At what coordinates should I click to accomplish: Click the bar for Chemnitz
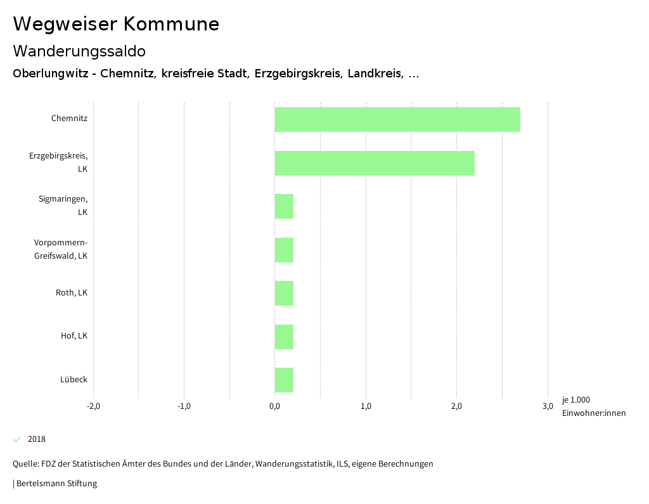pyautogui.click(x=397, y=119)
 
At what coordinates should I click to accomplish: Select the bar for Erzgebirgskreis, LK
pyautogui.click(x=375, y=163)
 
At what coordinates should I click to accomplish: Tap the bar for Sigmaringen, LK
pyautogui.click(x=284, y=206)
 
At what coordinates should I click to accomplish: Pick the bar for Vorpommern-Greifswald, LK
pyautogui.click(x=284, y=250)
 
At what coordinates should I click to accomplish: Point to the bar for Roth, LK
pyautogui.click(x=284, y=293)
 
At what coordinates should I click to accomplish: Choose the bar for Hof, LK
pyautogui.click(x=284, y=337)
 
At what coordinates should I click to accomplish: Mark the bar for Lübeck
pyautogui.click(x=284, y=380)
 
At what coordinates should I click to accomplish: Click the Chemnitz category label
pyautogui.click(x=69, y=119)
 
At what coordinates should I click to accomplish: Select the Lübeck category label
pyautogui.click(x=74, y=380)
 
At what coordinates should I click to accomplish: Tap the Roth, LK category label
pyautogui.click(x=72, y=293)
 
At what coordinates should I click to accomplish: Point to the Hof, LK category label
pyautogui.click(x=74, y=336)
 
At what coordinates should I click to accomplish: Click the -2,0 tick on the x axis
pyautogui.click(x=93, y=406)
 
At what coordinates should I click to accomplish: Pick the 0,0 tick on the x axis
pyautogui.click(x=274, y=406)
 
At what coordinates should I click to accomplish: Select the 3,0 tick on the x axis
pyautogui.click(x=548, y=406)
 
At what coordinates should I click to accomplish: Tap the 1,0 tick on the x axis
pyautogui.click(x=366, y=406)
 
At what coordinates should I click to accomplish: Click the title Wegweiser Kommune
pyautogui.click(x=116, y=24)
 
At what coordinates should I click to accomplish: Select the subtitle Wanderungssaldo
pyautogui.click(x=79, y=51)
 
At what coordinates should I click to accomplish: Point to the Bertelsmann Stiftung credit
pyautogui.click(x=56, y=484)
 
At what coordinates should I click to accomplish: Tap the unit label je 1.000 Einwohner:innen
pyautogui.click(x=593, y=406)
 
